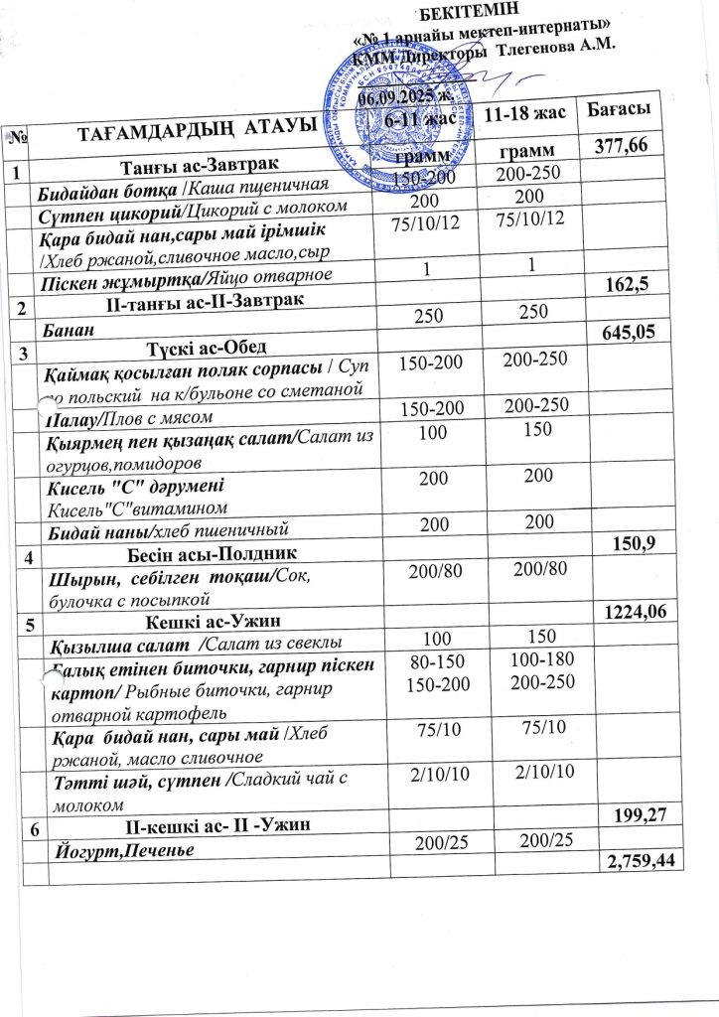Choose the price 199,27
tap(629, 816)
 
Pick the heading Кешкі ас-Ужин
tap(200, 624)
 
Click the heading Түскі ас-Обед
tap(206, 349)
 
